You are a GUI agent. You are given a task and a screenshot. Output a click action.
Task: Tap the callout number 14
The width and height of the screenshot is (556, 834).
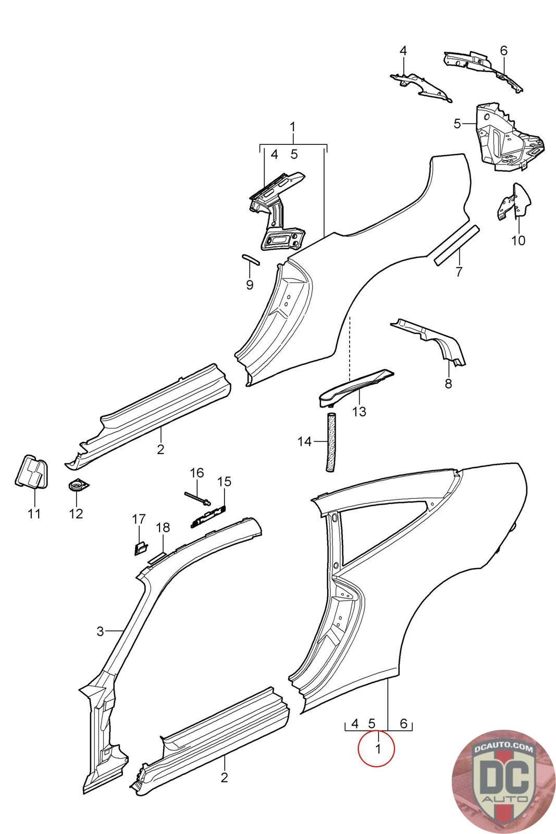(304, 442)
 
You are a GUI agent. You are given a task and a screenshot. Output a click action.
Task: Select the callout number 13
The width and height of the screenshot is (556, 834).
(359, 411)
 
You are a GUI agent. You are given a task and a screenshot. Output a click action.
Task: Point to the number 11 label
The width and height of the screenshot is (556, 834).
(34, 514)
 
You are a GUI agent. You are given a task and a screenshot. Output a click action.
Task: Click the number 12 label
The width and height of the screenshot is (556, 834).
(76, 514)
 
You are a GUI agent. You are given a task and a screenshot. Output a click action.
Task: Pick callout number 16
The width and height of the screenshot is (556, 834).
(197, 473)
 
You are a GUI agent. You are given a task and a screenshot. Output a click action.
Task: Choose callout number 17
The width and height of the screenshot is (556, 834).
(139, 519)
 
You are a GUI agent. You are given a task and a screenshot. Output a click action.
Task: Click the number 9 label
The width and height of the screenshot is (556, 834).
(250, 285)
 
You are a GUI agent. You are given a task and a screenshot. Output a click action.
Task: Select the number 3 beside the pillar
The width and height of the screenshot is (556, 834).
(100, 631)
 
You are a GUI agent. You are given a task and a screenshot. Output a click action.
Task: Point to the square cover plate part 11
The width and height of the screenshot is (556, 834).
(32, 471)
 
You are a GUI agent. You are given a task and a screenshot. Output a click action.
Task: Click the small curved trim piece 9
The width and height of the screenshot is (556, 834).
(251, 259)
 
